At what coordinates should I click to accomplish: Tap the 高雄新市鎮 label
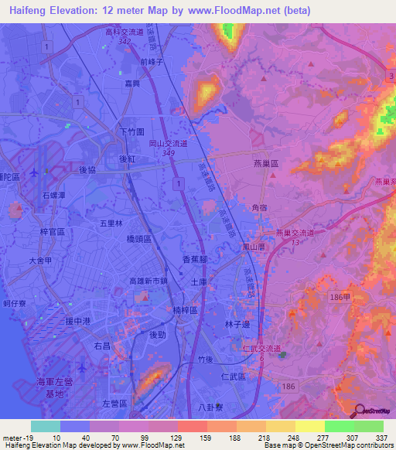(x=148, y=281)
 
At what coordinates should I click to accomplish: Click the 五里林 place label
(x=112, y=223)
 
